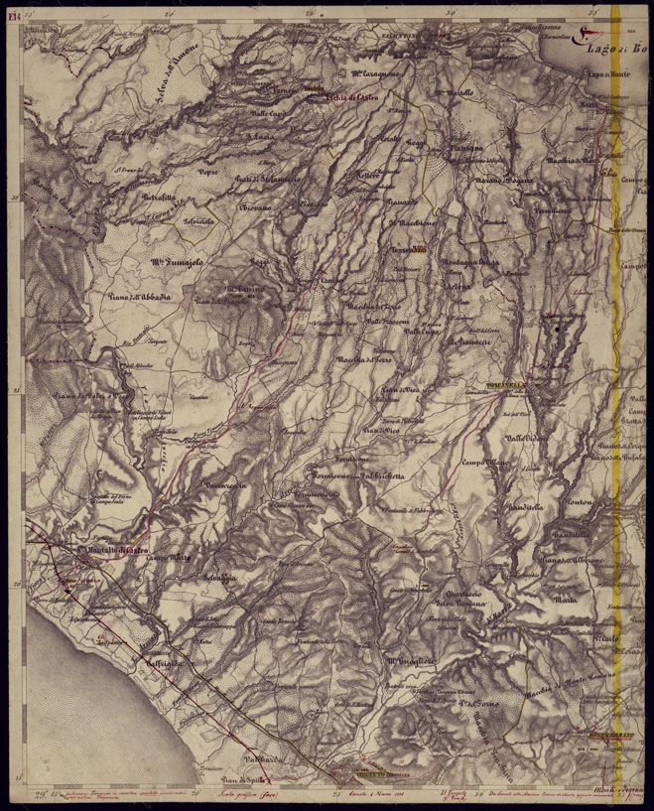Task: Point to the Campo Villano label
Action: tap(484, 462)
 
